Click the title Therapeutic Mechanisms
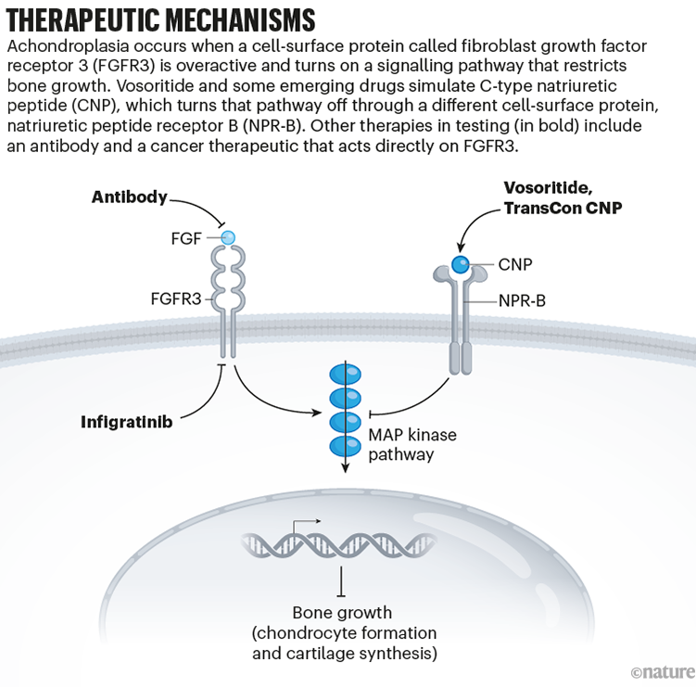(x=160, y=19)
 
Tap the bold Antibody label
(x=130, y=197)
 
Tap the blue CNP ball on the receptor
(x=461, y=264)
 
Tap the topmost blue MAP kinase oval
(x=344, y=375)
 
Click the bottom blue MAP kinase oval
(x=344, y=445)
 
